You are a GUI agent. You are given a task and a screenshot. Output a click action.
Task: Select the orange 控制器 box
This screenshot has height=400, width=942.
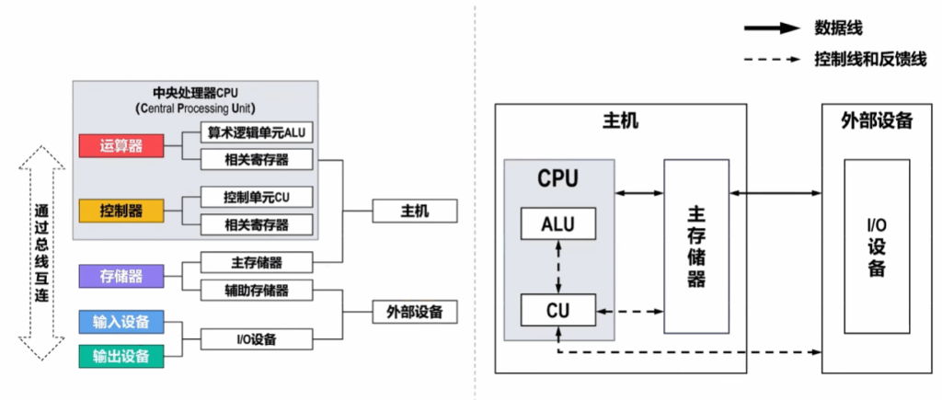click(121, 211)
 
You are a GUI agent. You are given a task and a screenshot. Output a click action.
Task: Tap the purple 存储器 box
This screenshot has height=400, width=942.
click(121, 276)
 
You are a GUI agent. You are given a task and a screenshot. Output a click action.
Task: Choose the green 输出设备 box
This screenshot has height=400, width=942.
click(121, 356)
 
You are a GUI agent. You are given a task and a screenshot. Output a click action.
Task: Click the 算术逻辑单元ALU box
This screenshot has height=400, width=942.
click(257, 132)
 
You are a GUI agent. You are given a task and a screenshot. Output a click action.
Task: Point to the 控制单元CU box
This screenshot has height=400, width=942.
click(257, 197)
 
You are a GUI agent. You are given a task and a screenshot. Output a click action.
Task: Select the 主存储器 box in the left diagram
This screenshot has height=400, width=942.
click(257, 262)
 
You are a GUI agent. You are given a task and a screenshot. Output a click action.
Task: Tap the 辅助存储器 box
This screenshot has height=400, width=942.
click(257, 290)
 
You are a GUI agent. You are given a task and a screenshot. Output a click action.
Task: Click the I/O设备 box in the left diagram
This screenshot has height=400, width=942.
click(257, 339)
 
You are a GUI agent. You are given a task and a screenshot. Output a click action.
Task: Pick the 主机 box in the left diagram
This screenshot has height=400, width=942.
click(415, 211)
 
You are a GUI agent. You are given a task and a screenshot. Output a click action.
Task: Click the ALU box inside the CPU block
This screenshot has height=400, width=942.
click(558, 223)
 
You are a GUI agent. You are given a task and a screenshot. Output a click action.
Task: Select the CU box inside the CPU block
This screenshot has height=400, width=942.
click(558, 310)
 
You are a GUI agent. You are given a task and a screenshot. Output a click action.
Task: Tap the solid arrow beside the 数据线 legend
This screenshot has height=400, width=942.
click(772, 28)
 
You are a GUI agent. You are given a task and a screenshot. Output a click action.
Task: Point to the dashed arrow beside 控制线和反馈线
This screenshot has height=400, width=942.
click(772, 60)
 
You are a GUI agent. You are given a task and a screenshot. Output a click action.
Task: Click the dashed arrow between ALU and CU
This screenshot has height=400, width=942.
click(558, 267)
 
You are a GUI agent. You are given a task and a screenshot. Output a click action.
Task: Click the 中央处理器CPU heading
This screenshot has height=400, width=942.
click(196, 95)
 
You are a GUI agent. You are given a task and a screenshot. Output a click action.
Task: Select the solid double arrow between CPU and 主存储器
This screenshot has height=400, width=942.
click(639, 193)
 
